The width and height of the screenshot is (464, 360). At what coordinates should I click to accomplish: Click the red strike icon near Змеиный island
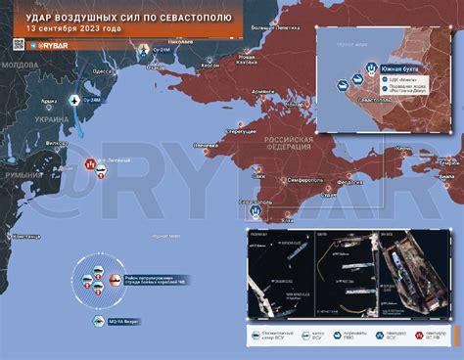[x=91, y=164]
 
